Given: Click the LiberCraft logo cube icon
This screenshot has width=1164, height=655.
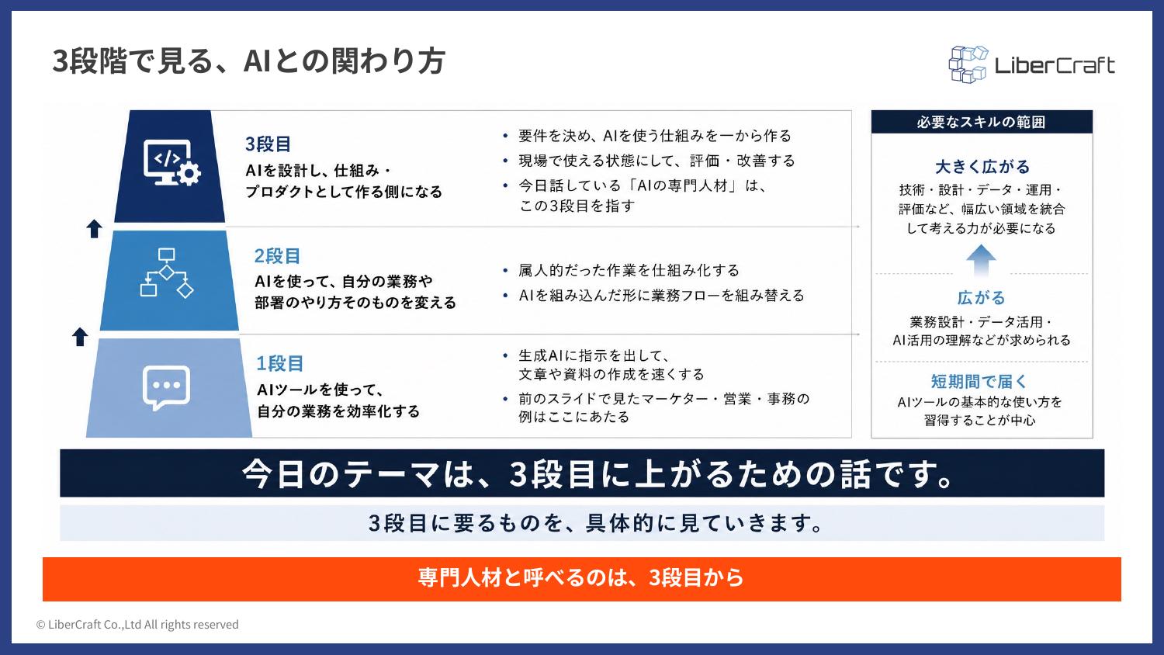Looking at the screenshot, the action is click(x=968, y=64).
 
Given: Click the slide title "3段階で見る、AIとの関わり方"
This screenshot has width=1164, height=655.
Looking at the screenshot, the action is click(x=248, y=61).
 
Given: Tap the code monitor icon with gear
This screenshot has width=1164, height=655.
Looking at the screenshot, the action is click(x=172, y=163).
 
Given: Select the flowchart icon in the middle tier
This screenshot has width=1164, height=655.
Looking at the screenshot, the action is click(x=167, y=273).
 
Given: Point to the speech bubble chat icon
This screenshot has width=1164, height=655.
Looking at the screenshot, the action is click(x=166, y=388).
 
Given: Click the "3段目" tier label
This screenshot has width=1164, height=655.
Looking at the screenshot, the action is click(x=268, y=144).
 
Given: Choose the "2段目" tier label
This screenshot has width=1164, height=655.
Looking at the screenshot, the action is click(x=278, y=256).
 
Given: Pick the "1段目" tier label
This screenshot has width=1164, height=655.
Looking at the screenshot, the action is click(x=279, y=364).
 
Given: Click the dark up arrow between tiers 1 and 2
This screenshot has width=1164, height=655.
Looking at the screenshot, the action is click(x=79, y=337).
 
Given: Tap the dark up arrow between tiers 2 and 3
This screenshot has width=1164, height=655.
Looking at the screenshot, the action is click(x=94, y=229).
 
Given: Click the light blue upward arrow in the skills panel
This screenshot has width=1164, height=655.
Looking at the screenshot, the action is click(x=981, y=260).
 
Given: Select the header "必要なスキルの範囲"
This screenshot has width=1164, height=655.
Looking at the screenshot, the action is click(x=981, y=122).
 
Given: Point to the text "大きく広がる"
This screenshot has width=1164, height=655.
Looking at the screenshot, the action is click(x=982, y=167).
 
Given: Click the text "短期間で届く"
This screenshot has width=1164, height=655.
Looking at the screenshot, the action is click(x=979, y=382).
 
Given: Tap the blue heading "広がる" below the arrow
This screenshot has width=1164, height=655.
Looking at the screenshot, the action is click(x=981, y=298).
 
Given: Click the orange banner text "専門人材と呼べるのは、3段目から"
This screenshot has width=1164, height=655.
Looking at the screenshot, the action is click(x=581, y=578).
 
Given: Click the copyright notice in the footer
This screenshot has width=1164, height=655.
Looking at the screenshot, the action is click(x=137, y=624).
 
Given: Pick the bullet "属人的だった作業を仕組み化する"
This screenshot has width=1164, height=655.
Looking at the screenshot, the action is click(x=629, y=270).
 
